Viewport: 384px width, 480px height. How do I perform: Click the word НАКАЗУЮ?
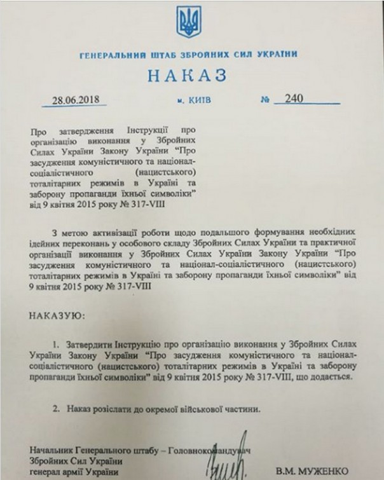click(x=57, y=315)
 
